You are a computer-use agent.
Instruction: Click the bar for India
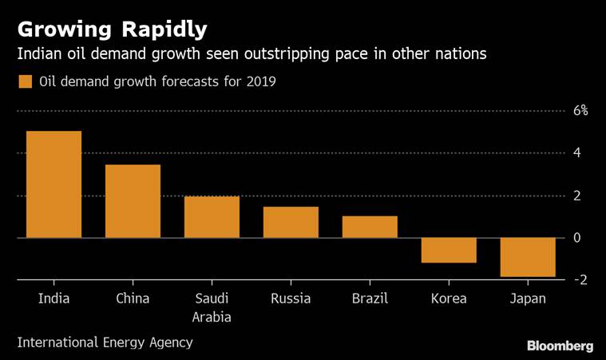53,184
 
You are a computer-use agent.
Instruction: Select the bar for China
133,201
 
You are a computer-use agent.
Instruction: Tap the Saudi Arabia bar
212,217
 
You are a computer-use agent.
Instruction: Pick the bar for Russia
291,222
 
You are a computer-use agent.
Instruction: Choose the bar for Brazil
370,227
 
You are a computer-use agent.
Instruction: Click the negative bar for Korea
449,250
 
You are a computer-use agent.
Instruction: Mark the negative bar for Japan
528,257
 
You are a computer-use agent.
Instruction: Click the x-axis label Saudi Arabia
212,308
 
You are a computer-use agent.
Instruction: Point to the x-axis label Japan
528,299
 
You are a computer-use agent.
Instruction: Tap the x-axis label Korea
449,299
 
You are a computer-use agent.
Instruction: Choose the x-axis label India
53,299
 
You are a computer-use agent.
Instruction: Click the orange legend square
25,81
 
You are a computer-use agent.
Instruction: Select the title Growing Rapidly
112,30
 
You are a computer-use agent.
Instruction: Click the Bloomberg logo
559,345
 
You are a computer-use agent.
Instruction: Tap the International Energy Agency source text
105,342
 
